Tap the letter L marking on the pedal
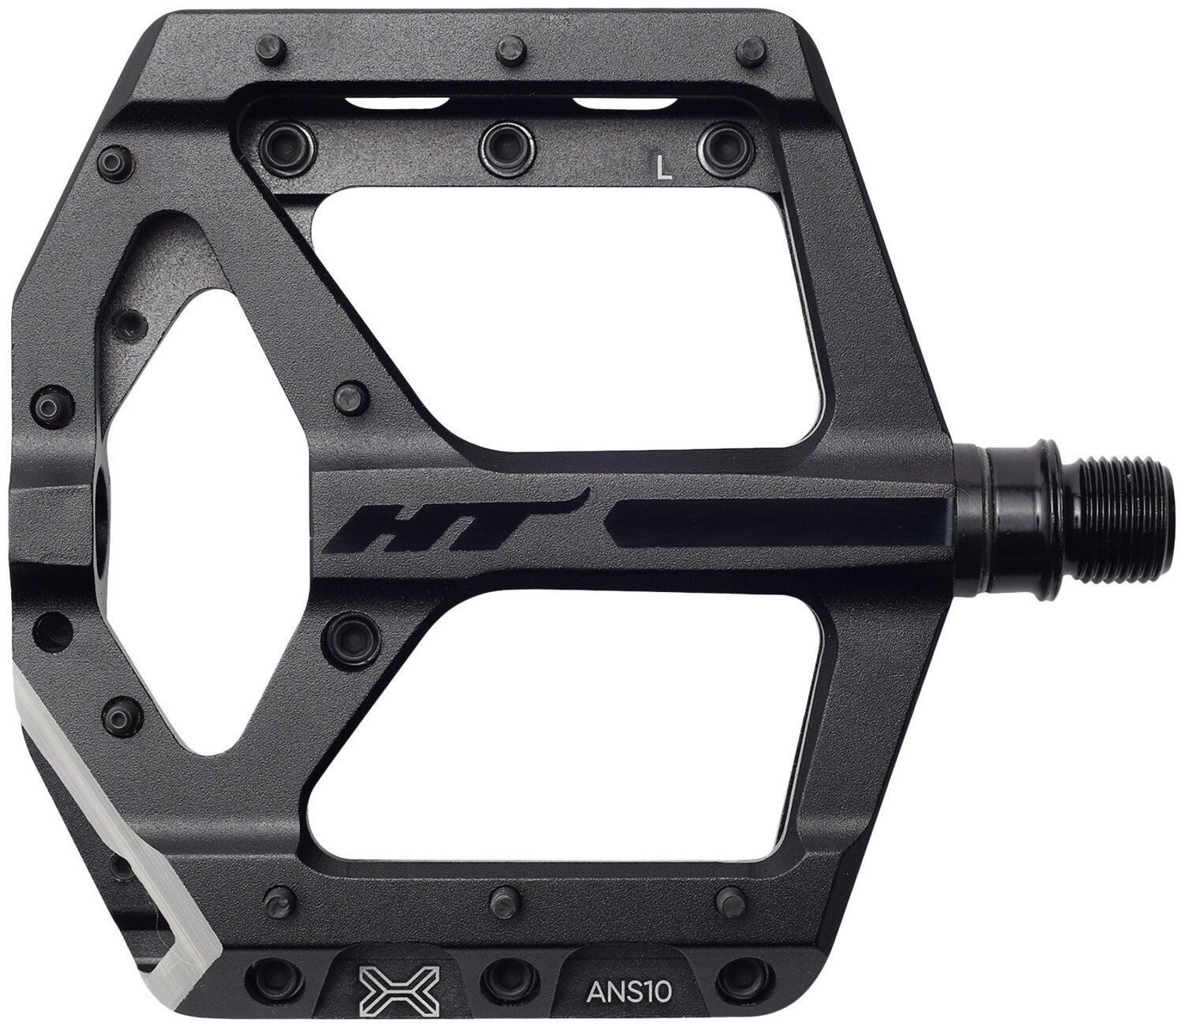pyautogui.click(x=665, y=167)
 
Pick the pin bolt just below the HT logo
pyautogui.click(x=346, y=634)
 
